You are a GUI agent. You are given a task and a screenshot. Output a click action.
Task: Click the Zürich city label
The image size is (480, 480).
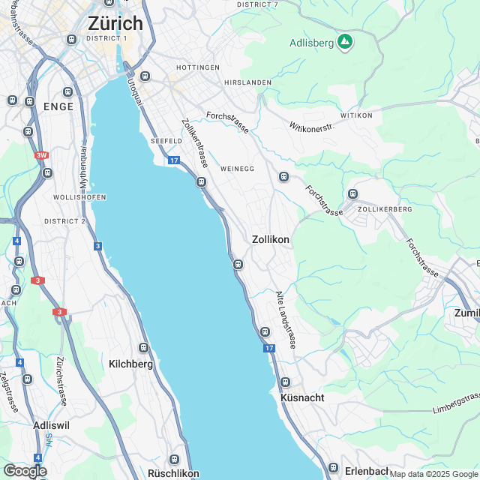click(115, 22)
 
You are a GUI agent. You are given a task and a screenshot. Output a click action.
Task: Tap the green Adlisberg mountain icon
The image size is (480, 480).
click(345, 41)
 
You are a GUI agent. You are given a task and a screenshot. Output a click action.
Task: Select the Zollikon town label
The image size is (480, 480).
click(270, 239)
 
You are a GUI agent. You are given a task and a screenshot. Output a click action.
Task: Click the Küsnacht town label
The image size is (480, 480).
click(302, 397)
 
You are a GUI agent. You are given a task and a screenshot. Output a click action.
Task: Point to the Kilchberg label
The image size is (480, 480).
click(131, 364)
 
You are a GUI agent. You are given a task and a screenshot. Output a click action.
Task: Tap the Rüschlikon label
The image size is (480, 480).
click(173, 473)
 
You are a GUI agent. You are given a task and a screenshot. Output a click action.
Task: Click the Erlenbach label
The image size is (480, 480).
click(367, 471)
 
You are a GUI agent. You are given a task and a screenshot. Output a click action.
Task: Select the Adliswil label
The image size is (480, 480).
click(52, 424)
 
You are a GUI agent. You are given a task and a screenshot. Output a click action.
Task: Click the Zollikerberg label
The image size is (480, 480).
click(385, 210)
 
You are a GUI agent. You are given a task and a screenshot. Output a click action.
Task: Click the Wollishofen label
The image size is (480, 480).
click(79, 197)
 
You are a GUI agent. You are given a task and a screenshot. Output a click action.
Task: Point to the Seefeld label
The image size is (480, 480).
click(166, 141)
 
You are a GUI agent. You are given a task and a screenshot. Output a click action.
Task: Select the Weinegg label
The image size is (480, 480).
click(238, 169)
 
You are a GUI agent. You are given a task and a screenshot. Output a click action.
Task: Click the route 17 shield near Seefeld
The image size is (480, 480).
click(173, 160)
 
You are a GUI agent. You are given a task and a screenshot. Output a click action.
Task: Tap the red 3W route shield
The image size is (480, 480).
click(40, 156)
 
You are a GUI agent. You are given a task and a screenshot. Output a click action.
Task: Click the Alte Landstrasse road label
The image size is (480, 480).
click(288, 319)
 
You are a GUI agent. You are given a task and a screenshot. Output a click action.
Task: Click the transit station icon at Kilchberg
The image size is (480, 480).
click(143, 347)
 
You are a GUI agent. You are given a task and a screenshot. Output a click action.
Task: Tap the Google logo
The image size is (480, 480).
click(25, 470)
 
